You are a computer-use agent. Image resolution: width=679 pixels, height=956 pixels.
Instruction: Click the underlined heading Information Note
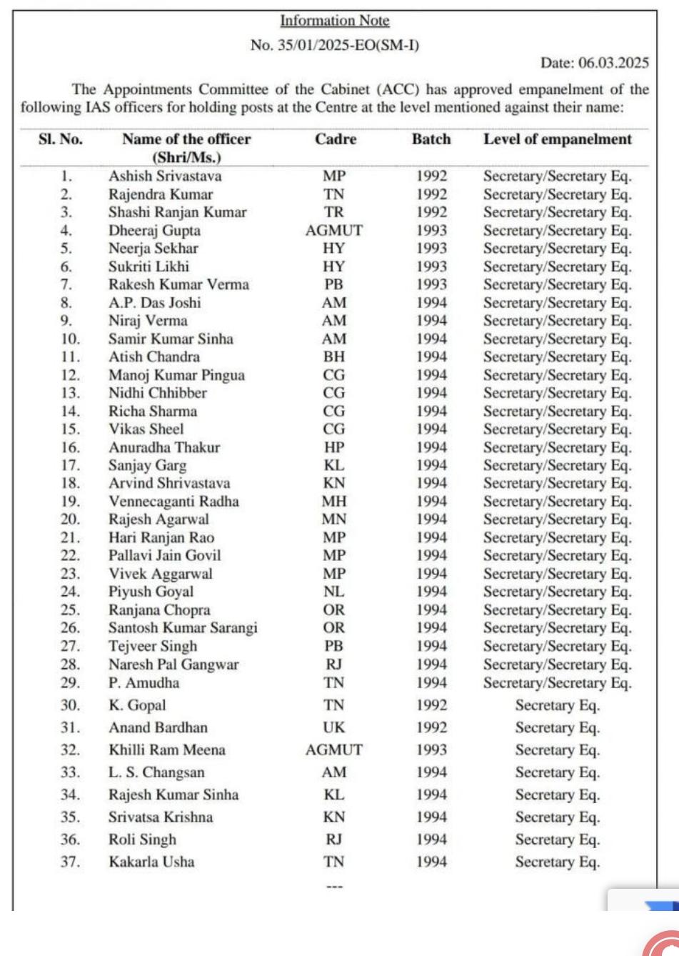[x=334, y=21]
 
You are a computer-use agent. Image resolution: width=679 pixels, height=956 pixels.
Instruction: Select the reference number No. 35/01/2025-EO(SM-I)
[x=334, y=45]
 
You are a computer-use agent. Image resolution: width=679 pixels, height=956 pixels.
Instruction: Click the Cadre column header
[x=335, y=139]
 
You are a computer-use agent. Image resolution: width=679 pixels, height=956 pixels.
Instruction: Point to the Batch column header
[x=431, y=139]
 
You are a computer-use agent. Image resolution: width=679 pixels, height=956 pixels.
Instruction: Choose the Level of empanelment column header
[x=557, y=139]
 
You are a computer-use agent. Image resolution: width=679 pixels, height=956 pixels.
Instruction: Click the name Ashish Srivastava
[x=165, y=176]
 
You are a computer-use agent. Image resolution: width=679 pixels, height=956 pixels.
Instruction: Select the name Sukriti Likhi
[x=149, y=267]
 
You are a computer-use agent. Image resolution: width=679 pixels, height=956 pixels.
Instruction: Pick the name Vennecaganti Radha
[x=173, y=502]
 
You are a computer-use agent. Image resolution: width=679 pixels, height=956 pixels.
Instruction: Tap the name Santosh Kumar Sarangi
[x=183, y=628]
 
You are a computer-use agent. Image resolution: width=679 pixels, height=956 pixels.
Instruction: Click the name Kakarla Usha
[x=151, y=862]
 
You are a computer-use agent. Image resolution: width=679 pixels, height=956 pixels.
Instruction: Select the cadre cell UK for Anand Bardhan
[x=333, y=727]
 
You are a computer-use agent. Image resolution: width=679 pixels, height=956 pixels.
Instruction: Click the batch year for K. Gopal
[x=431, y=705]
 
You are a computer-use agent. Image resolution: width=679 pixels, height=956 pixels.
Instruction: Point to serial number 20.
[x=70, y=519]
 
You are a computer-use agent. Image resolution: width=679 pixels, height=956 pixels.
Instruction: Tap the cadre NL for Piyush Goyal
[x=333, y=592]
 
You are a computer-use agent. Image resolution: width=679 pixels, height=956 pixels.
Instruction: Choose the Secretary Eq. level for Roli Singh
[x=557, y=840]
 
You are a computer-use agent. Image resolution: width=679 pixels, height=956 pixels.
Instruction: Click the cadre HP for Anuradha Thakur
[x=333, y=447]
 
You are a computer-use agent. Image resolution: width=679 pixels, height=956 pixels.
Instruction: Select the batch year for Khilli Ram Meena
[x=431, y=750]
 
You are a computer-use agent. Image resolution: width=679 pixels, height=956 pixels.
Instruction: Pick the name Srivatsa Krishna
[x=161, y=817]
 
